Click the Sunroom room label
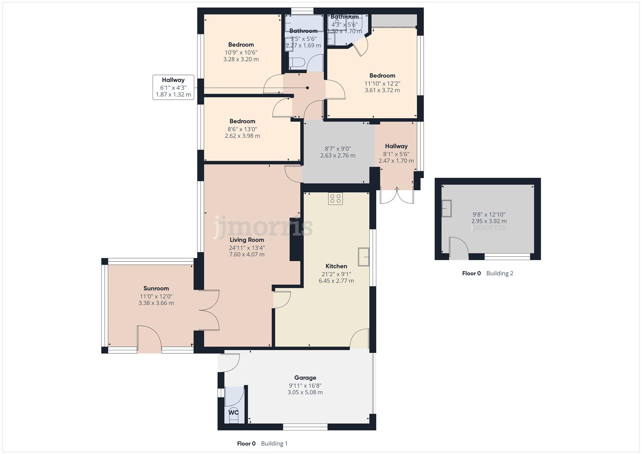(156, 288)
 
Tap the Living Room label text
(247, 240)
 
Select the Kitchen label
(336, 266)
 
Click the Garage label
(305, 377)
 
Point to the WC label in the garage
(233, 412)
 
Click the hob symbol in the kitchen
(336, 198)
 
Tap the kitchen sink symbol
(363, 257)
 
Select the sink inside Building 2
(446, 209)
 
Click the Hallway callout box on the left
(173, 87)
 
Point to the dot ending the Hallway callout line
(307, 88)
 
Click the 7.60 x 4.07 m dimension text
(247, 254)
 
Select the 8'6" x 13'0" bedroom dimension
(242, 129)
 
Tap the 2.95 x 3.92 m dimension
(489, 221)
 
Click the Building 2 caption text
(499, 273)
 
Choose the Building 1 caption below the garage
(274, 443)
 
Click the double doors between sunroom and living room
(209, 311)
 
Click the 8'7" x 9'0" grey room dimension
(338, 148)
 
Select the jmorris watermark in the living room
(263, 227)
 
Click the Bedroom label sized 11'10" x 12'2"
(382, 76)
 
